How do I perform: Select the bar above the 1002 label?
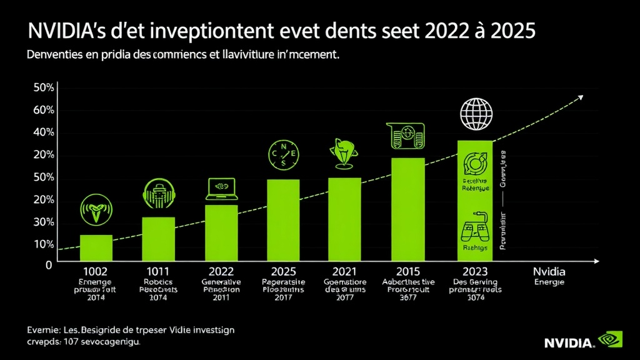point(96,247)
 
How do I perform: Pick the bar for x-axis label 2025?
point(283,219)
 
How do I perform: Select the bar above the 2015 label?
point(407,209)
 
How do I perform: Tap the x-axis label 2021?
point(345,272)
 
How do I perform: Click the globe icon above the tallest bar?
point(476,113)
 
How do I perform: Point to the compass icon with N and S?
point(284,154)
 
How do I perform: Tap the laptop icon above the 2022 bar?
point(221,189)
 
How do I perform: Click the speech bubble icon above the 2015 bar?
point(406,136)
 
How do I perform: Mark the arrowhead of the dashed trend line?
point(581,97)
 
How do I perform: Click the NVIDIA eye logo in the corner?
point(610,340)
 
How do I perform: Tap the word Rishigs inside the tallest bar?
point(475,248)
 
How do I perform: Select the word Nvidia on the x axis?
point(549,272)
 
